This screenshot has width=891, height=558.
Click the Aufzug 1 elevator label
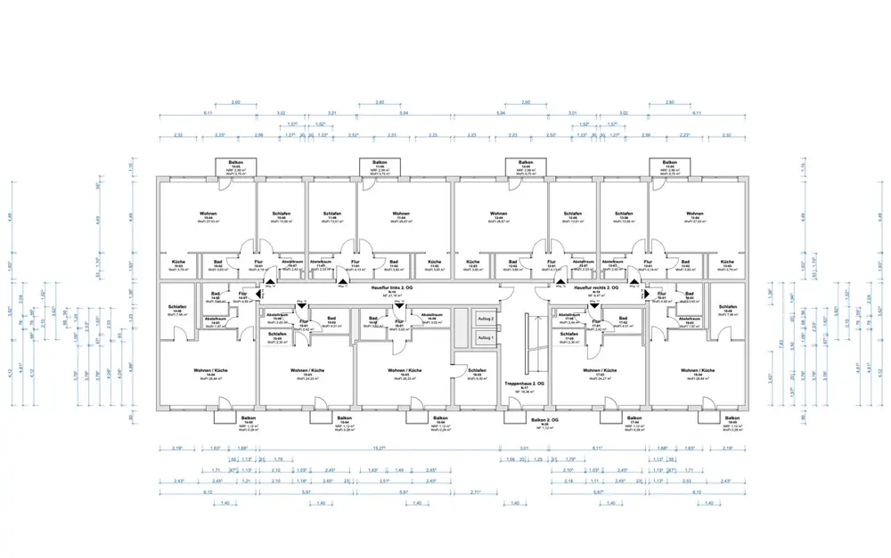(485, 338)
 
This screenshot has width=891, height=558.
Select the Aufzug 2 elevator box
(485, 319)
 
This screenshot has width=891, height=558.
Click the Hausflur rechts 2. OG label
(596, 287)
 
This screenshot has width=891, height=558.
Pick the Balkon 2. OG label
(544, 418)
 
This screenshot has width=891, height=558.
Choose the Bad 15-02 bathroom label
(331, 320)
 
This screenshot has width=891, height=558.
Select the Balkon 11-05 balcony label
(379, 167)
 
